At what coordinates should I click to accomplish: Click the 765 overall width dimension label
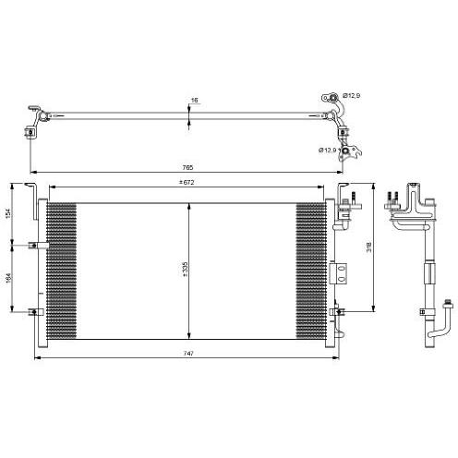point(187,168)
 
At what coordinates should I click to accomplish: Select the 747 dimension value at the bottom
point(188,354)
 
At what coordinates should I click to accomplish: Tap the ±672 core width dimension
point(187,182)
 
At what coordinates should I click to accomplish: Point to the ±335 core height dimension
point(185,270)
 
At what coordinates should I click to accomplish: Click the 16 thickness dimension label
point(195,100)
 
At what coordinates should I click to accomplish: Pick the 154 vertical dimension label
point(8,213)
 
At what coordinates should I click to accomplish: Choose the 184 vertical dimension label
point(8,278)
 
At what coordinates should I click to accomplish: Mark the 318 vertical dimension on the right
point(369,247)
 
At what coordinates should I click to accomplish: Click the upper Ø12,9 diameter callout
point(352,96)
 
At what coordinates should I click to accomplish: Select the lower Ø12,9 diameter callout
point(328,151)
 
